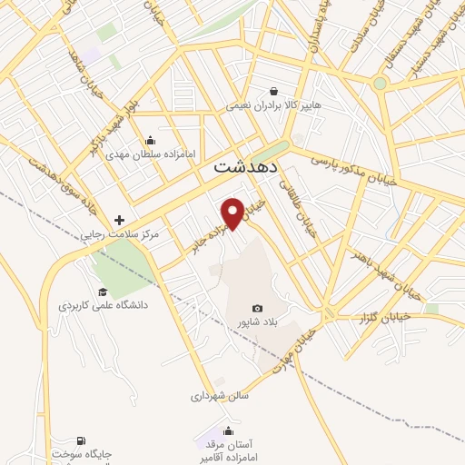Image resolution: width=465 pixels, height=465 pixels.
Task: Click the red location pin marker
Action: pos(232,211)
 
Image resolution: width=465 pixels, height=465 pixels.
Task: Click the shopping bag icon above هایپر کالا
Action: pos(274,90)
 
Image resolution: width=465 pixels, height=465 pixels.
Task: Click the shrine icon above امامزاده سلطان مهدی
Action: pos(150,141)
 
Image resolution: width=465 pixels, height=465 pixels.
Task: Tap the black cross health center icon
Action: pos(119,220)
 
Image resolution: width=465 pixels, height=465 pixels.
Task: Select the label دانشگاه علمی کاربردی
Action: pos(104,305)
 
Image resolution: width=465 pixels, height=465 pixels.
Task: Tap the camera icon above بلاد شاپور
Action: pos(256,309)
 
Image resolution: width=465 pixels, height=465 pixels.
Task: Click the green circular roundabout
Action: pos(380,84)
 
